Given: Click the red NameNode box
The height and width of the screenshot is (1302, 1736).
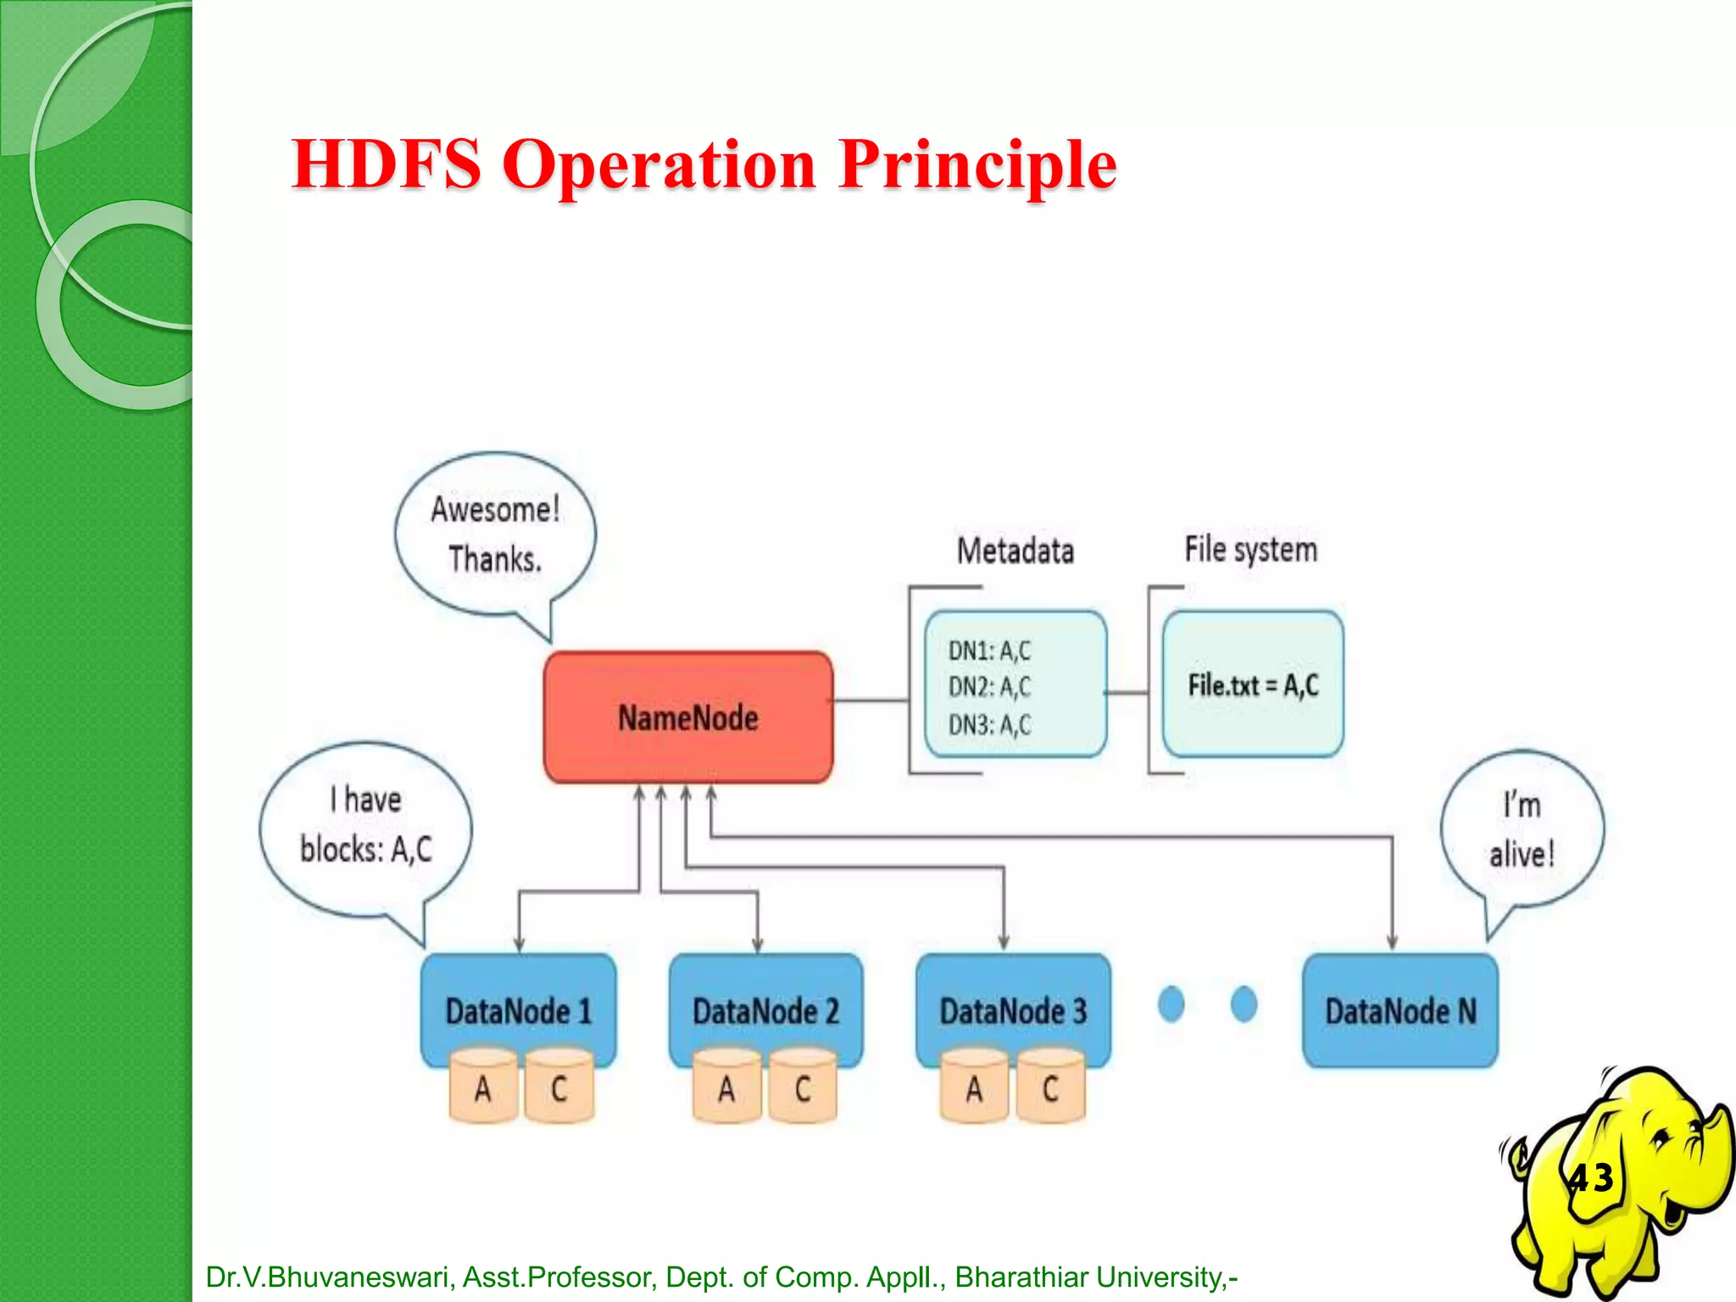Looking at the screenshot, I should [687, 717].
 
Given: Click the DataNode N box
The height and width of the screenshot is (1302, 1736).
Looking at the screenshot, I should [1399, 1010].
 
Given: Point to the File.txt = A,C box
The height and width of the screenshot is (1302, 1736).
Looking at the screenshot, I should [1253, 684].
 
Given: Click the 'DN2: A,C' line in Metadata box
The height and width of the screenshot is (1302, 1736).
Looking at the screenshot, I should [989, 687].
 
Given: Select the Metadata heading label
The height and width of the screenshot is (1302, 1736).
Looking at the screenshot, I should [1015, 551].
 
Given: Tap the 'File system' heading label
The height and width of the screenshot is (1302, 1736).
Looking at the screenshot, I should [1250, 549].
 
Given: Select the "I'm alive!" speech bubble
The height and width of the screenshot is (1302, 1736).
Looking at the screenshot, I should [1522, 829].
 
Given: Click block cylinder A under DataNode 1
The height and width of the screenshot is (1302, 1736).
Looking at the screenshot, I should [482, 1088].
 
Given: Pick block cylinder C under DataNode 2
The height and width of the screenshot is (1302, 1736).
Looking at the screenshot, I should [803, 1088].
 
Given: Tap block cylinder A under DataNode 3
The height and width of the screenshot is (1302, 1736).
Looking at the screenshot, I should [974, 1088].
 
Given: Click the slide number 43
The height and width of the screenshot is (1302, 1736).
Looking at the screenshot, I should [1591, 1178].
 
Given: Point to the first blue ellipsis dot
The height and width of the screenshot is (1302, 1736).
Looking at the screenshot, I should [1171, 1004].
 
